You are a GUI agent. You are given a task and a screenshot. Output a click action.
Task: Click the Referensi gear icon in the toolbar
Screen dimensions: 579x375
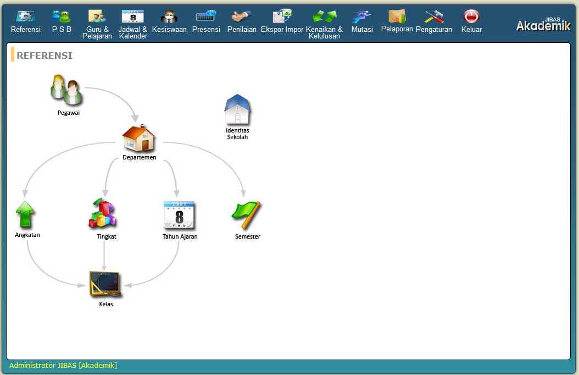25,16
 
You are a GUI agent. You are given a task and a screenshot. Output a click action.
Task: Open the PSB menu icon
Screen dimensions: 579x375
62,16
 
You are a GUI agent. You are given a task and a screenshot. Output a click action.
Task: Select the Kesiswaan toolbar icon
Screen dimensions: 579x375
169,16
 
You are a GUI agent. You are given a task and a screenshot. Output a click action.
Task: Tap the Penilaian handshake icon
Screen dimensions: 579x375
242,16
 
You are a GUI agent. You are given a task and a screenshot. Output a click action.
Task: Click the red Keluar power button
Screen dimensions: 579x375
471,16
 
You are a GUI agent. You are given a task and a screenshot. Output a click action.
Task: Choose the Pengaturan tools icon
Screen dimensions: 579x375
434,16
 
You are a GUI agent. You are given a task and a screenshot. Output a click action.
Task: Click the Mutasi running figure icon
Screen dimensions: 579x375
362,16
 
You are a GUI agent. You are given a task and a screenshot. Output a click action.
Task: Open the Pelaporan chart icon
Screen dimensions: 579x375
397,16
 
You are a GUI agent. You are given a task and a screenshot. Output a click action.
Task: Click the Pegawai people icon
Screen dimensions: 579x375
67,90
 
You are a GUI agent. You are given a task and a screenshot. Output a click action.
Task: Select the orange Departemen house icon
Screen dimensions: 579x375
139,138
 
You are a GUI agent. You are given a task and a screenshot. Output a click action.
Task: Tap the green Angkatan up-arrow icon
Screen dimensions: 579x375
25,214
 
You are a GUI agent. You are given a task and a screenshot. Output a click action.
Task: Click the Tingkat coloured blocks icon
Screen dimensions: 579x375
103,213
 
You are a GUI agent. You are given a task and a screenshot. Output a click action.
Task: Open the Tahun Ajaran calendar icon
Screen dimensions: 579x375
179,214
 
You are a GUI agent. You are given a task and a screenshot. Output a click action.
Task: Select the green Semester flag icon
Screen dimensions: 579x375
246,214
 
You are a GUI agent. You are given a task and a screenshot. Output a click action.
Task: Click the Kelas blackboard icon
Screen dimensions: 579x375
105,284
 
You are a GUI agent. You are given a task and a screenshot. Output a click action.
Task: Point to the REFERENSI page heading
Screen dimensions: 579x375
44,56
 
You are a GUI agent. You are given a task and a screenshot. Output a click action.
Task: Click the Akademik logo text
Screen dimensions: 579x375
543,25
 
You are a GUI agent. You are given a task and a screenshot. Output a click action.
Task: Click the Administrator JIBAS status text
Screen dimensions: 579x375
63,366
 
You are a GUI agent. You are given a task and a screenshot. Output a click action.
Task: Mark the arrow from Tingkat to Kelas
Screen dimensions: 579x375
104,256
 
